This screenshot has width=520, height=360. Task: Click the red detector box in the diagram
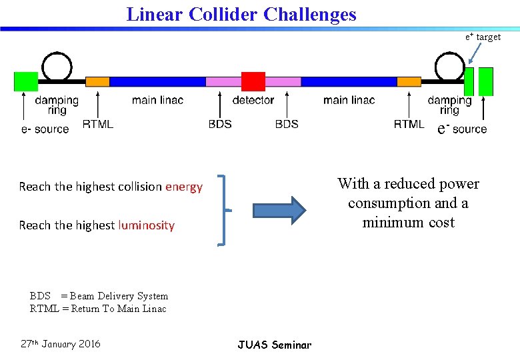(253, 81)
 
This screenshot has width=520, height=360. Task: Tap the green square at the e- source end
(26, 81)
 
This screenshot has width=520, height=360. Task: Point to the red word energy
(184, 187)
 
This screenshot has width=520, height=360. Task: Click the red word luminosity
(146, 225)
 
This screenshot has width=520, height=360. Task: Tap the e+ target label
(483, 37)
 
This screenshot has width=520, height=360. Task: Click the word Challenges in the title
(310, 14)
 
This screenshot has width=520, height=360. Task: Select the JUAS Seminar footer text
(274, 345)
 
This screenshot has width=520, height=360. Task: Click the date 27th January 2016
(61, 344)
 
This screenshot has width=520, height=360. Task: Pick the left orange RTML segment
(97, 81)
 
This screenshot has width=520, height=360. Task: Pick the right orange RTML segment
(409, 81)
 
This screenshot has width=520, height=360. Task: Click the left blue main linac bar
(157, 81)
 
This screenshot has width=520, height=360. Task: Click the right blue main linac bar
(349, 81)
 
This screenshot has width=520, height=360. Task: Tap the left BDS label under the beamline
(220, 124)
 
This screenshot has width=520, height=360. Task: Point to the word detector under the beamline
(253, 100)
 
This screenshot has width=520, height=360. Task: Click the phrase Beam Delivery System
(119, 296)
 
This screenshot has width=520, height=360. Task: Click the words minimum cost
(408, 223)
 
